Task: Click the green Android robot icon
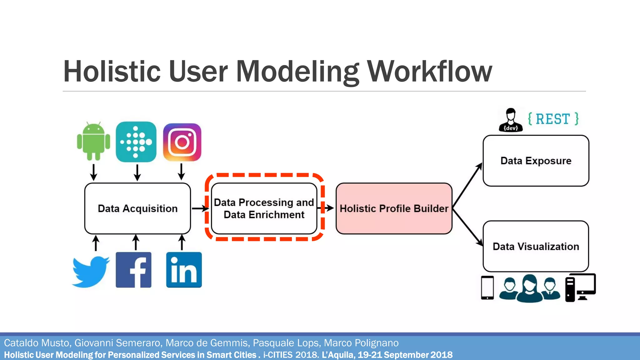coord(93,141)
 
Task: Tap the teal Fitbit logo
coord(136,142)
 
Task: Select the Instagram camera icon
coord(182,142)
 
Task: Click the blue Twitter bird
coord(91,271)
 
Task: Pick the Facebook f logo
coord(133,270)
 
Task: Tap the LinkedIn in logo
coord(184,270)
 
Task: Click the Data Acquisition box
coord(137,208)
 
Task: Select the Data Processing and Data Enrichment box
coord(264,208)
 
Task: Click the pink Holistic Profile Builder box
coord(394,208)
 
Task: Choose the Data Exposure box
coord(536,161)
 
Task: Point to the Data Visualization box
coord(536,246)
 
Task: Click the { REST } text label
coord(553,119)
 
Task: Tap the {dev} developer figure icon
coord(511,120)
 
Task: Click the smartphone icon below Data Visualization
coord(487,287)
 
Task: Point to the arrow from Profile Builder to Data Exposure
coord(467,185)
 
